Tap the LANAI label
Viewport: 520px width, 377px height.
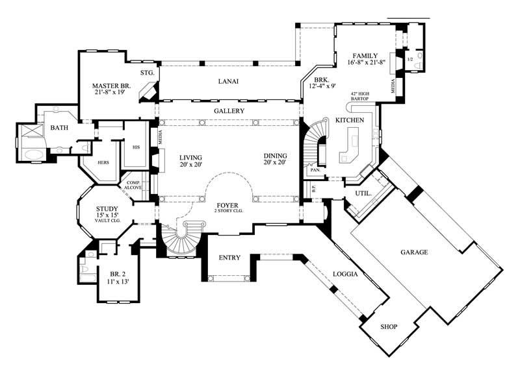click(227, 81)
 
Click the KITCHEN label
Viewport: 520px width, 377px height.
click(348, 121)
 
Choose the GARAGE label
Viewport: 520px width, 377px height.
click(413, 252)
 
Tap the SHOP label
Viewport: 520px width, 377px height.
click(388, 326)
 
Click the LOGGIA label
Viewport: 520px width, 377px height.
click(346, 274)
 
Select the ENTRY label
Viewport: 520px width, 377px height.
click(229, 258)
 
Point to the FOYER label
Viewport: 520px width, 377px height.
click(227, 205)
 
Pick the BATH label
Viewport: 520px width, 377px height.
click(60, 128)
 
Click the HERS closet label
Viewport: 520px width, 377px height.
click(103, 163)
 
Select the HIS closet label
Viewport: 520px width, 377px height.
click(136, 147)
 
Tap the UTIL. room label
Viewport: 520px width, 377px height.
click(363, 194)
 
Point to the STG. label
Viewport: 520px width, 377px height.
click(146, 73)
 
